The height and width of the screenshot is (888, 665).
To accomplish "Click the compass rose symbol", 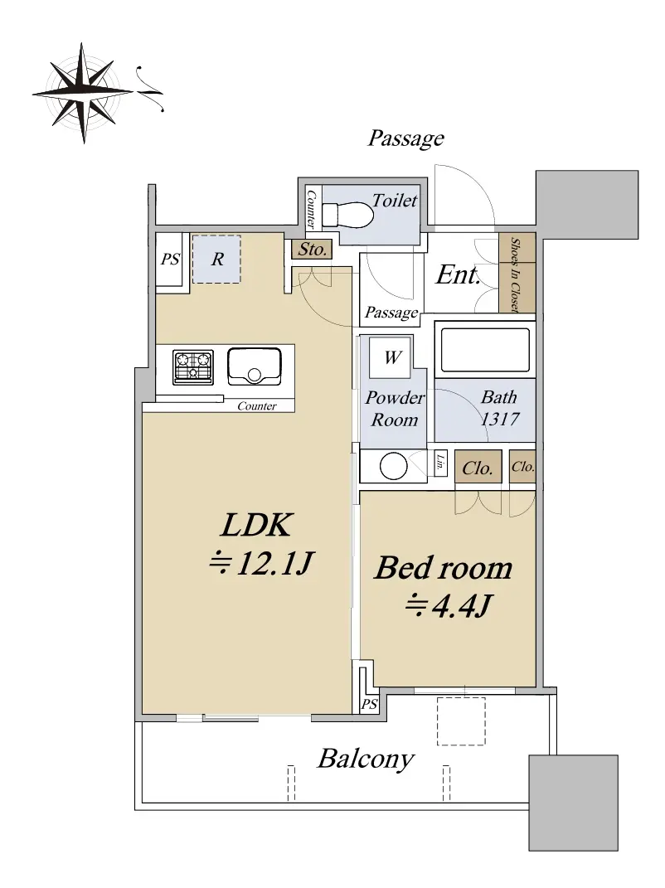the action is point(84,92).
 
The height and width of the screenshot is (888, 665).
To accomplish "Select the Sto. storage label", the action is point(312,249).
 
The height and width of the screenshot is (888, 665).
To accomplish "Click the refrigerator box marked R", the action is point(216,259).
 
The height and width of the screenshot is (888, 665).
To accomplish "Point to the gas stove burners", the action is point(193,366).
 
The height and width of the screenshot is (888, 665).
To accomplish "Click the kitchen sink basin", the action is point(255,366).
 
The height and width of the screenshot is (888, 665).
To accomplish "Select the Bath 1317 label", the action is point(499,408).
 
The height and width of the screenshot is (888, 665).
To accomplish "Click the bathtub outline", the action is point(485,349).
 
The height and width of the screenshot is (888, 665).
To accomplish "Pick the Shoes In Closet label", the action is point(516,274).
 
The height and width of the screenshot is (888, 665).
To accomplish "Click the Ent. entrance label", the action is point(458,275).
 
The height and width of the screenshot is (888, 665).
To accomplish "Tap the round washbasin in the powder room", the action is point(393,467).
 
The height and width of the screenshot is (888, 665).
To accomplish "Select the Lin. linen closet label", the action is point(440,463).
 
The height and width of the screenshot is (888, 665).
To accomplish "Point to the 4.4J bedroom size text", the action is point(449,605).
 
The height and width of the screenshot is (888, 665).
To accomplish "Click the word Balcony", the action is point(366,759).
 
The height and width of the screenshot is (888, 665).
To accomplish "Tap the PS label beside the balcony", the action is point(369,705).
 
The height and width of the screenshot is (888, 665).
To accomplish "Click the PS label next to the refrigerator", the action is point(170,259).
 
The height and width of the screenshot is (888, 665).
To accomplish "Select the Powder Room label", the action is point(394,408).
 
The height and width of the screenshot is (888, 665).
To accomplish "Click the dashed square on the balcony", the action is point(461,721).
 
